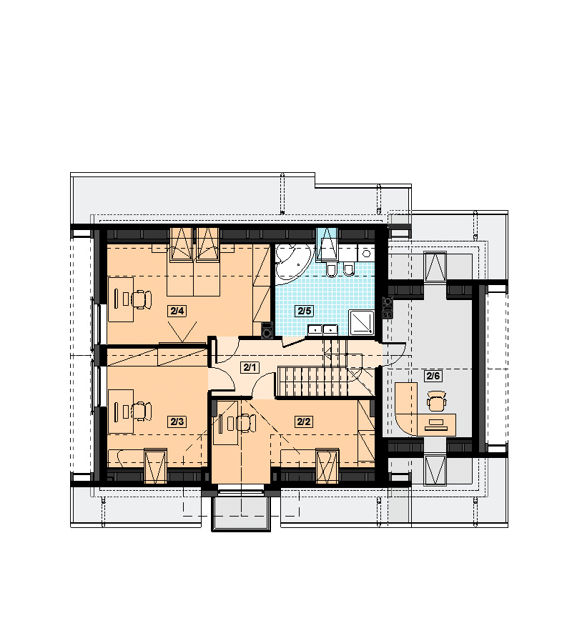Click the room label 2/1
(250, 367)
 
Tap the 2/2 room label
(304, 421)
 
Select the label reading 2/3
(177, 421)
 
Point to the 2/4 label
(177, 311)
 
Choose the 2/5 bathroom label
(305, 311)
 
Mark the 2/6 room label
(433, 375)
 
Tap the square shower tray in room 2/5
(362, 322)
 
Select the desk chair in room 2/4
(142, 299)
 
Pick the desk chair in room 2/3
(142, 412)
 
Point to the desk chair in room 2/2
(246, 423)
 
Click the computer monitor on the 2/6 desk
(436, 422)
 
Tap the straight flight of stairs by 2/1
(313, 382)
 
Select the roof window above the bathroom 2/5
(327, 245)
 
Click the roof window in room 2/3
(156, 467)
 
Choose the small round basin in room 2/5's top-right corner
(366, 253)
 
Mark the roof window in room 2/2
(327, 467)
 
